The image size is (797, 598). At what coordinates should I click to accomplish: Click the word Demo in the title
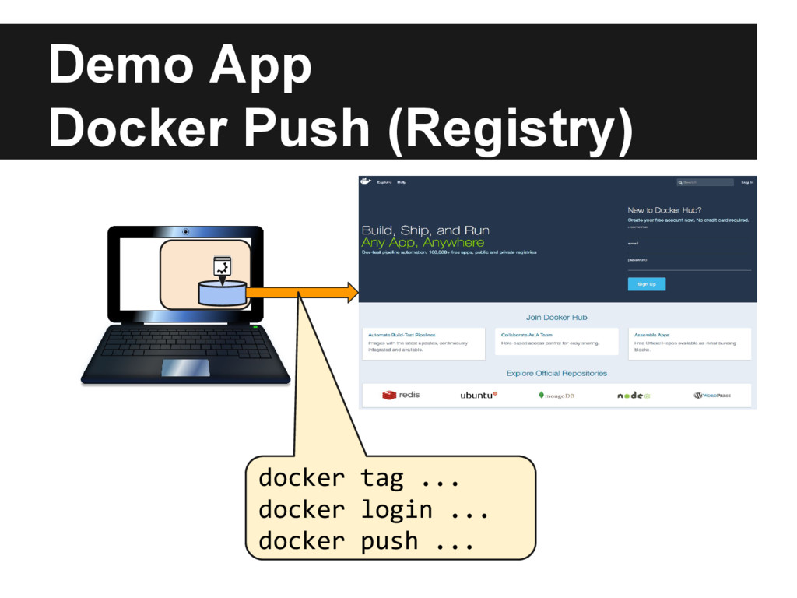tap(120, 65)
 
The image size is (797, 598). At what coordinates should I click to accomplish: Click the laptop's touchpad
tap(185, 368)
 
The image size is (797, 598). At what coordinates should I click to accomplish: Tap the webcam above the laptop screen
tap(185, 232)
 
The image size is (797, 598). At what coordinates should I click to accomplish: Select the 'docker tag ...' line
tap(359, 477)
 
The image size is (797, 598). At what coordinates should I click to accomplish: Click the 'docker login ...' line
tap(373, 509)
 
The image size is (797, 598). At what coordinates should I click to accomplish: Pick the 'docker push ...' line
tap(366, 540)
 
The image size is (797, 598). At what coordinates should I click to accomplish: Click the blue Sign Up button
tap(646, 284)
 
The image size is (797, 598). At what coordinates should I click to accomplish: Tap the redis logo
tap(401, 395)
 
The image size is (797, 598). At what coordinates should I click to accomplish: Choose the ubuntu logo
tap(478, 396)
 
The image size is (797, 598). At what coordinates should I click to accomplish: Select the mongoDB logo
tap(556, 396)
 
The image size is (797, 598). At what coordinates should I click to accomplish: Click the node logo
tap(634, 396)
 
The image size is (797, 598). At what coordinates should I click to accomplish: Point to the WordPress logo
tap(712, 396)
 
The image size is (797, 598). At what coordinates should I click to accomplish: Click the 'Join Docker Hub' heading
tap(556, 317)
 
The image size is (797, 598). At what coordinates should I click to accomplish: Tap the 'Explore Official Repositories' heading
tap(556, 374)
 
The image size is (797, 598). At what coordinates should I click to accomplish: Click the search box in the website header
tap(705, 182)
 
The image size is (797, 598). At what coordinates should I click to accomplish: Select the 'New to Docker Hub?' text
tap(665, 209)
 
